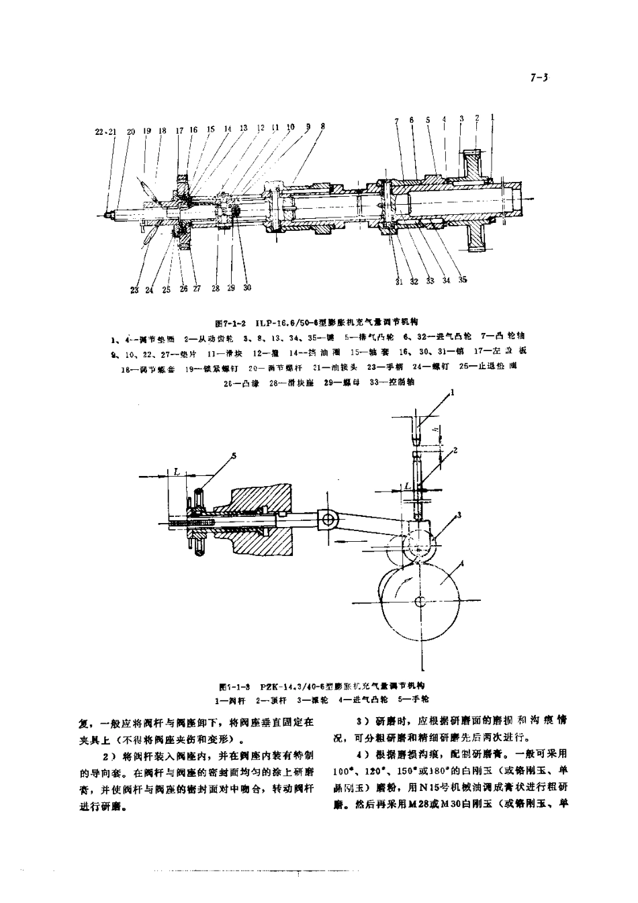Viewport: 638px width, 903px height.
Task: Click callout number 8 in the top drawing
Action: (322, 126)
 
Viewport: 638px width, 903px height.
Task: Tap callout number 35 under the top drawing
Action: (463, 281)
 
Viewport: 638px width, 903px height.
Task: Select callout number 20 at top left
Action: (130, 132)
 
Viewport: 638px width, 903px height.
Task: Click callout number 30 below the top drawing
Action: (247, 287)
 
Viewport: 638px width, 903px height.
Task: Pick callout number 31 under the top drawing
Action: (399, 281)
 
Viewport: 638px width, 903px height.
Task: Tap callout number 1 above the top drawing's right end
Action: (492, 117)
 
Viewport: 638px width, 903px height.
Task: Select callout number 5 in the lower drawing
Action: (234, 456)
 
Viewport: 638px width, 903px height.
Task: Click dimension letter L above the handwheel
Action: (176, 471)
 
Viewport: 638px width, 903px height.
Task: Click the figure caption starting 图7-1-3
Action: (320, 685)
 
